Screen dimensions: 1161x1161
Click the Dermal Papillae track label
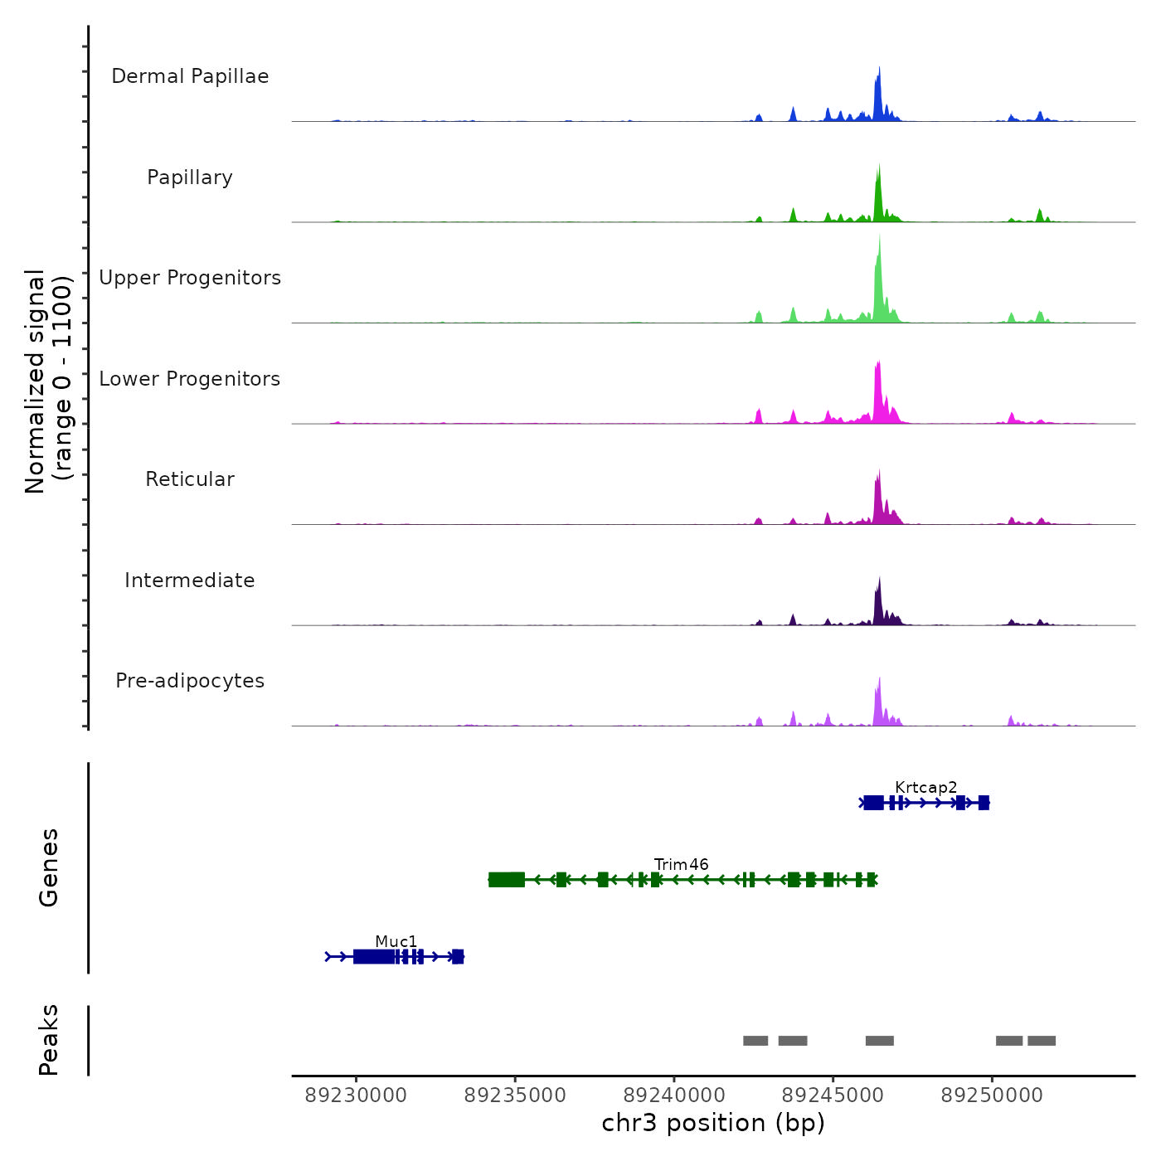point(190,76)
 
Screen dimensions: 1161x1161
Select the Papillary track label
point(190,177)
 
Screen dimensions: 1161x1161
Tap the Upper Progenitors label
point(190,278)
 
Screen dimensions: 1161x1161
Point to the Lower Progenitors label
point(190,379)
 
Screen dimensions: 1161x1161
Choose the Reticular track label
point(190,479)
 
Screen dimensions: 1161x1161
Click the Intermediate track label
point(190,580)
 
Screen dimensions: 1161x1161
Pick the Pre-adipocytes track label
point(190,681)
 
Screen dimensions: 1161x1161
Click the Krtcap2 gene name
point(925,787)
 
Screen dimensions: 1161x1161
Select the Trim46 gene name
point(681,864)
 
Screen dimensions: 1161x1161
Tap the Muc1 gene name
point(396,941)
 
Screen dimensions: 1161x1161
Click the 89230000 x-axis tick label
point(356,1095)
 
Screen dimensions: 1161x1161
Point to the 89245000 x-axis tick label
point(833,1095)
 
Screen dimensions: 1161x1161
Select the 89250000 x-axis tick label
point(992,1095)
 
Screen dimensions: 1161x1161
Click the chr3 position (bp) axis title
point(713,1123)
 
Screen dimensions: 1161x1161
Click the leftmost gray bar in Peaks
point(755,1041)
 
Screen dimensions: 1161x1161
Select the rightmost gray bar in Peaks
point(1042,1041)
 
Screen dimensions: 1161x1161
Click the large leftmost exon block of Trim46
point(507,880)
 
